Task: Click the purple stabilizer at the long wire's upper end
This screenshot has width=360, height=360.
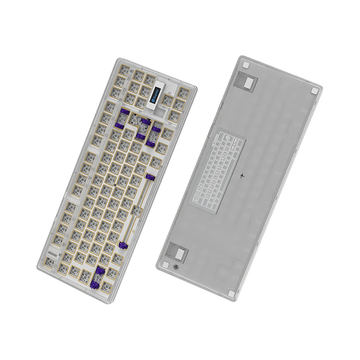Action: tap(148, 178)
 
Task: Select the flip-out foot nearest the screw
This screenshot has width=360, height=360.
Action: tap(174, 251)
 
